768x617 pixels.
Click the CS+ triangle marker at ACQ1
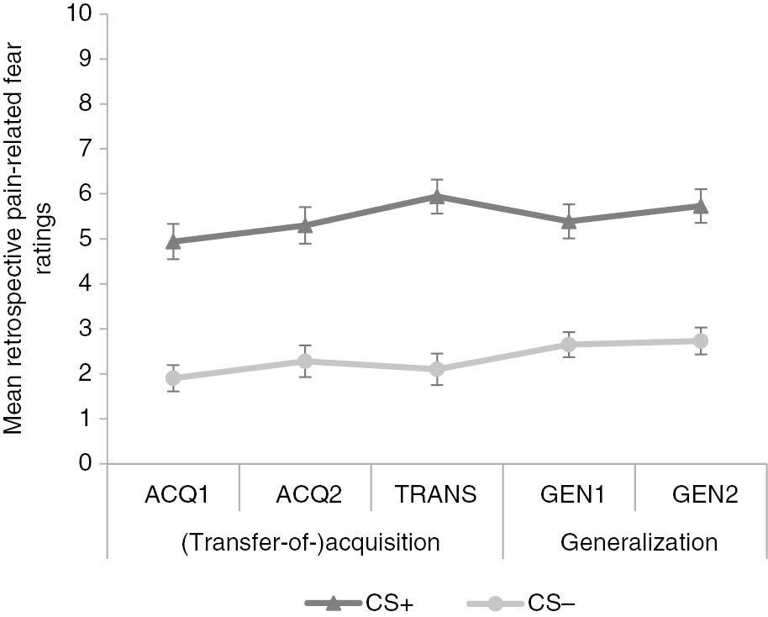tap(173, 241)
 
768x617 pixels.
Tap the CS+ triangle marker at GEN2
tap(701, 205)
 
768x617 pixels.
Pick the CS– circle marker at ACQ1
tap(173, 378)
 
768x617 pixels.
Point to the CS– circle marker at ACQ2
tap(305, 361)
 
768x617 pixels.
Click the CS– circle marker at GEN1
tap(569, 345)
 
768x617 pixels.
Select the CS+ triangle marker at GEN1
tap(569, 221)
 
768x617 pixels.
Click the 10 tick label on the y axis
tap(84, 14)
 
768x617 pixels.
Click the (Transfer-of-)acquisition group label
tap(310, 541)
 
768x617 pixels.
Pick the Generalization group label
tap(639, 541)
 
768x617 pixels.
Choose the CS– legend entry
tap(520, 603)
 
